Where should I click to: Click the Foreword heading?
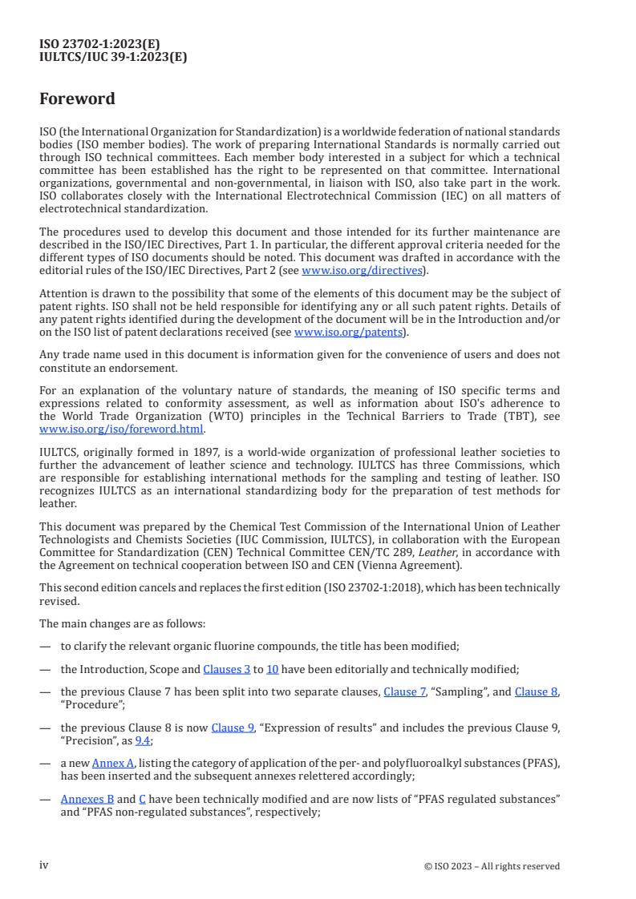tap(77, 99)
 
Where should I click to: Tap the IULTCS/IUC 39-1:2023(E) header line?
tap(113, 57)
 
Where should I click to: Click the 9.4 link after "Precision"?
tap(143, 741)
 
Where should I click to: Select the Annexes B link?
tap(87, 800)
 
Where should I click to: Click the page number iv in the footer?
tap(44, 865)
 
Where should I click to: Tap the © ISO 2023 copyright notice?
tap(492, 866)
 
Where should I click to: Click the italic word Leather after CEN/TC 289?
tap(408, 552)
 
